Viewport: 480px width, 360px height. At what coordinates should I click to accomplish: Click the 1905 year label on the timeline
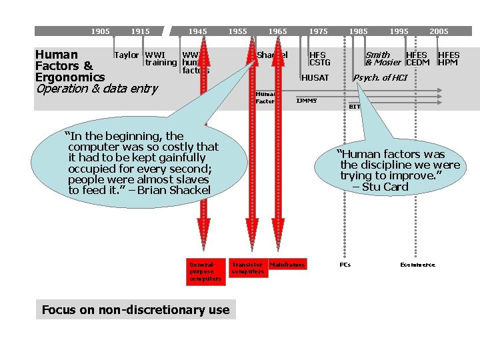[x=101, y=31]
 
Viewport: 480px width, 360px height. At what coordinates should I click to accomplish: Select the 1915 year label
[x=140, y=31]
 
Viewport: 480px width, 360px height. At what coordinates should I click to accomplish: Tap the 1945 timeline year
[x=197, y=31]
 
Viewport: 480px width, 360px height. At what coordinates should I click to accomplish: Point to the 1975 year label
[x=318, y=31]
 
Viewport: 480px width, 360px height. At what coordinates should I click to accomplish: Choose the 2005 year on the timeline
[x=439, y=31]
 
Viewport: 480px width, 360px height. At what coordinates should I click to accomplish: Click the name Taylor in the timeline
[x=127, y=55]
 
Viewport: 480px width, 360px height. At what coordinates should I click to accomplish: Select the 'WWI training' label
[x=161, y=59]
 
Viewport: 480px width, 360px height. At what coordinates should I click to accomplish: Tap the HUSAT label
[x=315, y=78]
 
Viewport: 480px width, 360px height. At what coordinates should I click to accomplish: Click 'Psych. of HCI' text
[x=380, y=78]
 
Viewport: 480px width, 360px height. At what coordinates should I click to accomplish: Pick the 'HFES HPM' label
[x=448, y=59]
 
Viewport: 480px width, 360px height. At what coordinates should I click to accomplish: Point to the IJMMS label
[x=307, y=101]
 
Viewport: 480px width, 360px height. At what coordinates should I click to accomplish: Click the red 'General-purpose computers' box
[x=205, y=271]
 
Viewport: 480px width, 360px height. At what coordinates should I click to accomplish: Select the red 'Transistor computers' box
[x=247, y=268]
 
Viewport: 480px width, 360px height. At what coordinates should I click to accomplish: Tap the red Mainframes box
[x=287, y=265]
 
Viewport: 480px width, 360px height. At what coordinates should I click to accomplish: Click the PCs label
[x=345, y=265]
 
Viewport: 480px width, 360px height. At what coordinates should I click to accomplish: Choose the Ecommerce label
[x=417, y=265]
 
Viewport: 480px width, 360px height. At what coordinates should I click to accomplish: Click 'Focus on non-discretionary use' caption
[x=135, y=309]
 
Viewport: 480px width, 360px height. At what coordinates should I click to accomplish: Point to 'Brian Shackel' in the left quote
[x=174, y=191]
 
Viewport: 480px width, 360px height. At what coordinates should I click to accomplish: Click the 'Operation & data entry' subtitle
[x=97, y=89]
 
